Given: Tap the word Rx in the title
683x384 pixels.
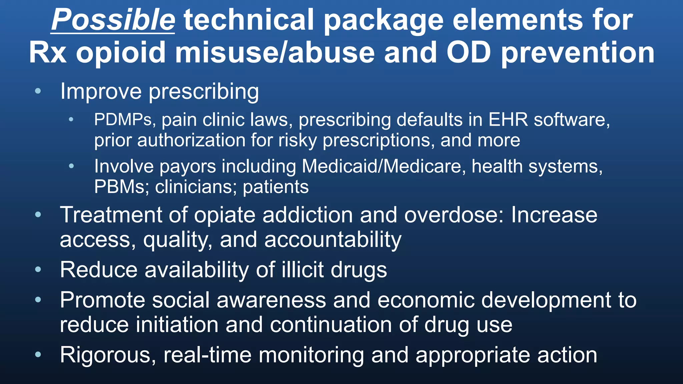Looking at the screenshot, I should (x=48, y=53).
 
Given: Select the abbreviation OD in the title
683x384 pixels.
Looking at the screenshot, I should (x=469, y=53).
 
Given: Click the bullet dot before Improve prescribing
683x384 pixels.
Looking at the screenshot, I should (x=38, y=91).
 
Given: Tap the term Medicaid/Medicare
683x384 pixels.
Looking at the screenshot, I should (x=384, y=166).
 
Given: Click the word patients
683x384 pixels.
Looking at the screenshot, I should (x=276, y=187).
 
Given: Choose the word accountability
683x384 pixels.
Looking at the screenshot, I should (x=333, y=240).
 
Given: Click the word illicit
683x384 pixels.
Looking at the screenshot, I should (x=302, y=270).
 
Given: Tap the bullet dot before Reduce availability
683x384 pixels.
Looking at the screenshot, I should (x=38, y=269).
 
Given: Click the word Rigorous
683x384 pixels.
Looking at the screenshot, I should (x=108, y=355).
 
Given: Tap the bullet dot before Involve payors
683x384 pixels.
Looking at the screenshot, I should (x=71, y=166).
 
